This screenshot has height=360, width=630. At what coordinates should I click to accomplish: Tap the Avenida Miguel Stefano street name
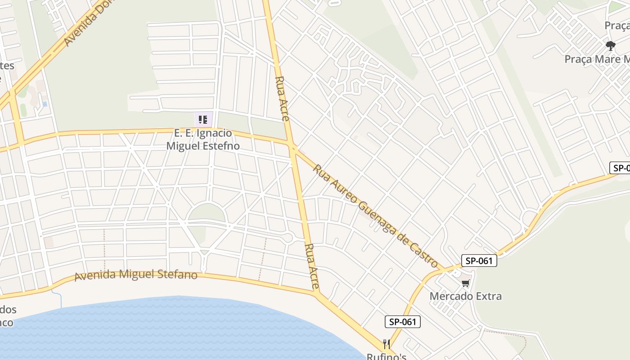tap(136, 274)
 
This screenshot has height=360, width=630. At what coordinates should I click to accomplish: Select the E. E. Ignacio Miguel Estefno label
tap(203, 139)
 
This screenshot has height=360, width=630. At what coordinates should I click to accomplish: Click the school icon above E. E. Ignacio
tap(203, 120)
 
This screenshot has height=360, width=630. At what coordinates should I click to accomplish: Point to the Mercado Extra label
tap(465, 296)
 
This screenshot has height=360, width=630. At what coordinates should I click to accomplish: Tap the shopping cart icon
tap(465, 283)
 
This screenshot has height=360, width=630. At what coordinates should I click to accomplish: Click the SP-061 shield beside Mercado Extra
tap(479, 261)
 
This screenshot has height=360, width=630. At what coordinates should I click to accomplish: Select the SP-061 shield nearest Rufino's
tap(402, 321)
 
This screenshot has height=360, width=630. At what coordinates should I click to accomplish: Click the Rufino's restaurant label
tap(386, 356)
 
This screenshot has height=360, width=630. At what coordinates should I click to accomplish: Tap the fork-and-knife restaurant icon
tap(386, 345)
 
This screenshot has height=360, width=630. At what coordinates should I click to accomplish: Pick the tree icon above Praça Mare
tap(610, 45)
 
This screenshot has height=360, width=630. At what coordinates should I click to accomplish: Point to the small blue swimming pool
tap(45, 104)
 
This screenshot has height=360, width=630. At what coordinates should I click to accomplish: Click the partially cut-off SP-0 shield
tap(620, 168)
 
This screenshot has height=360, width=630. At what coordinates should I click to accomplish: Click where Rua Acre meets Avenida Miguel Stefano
tap(317, 293)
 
